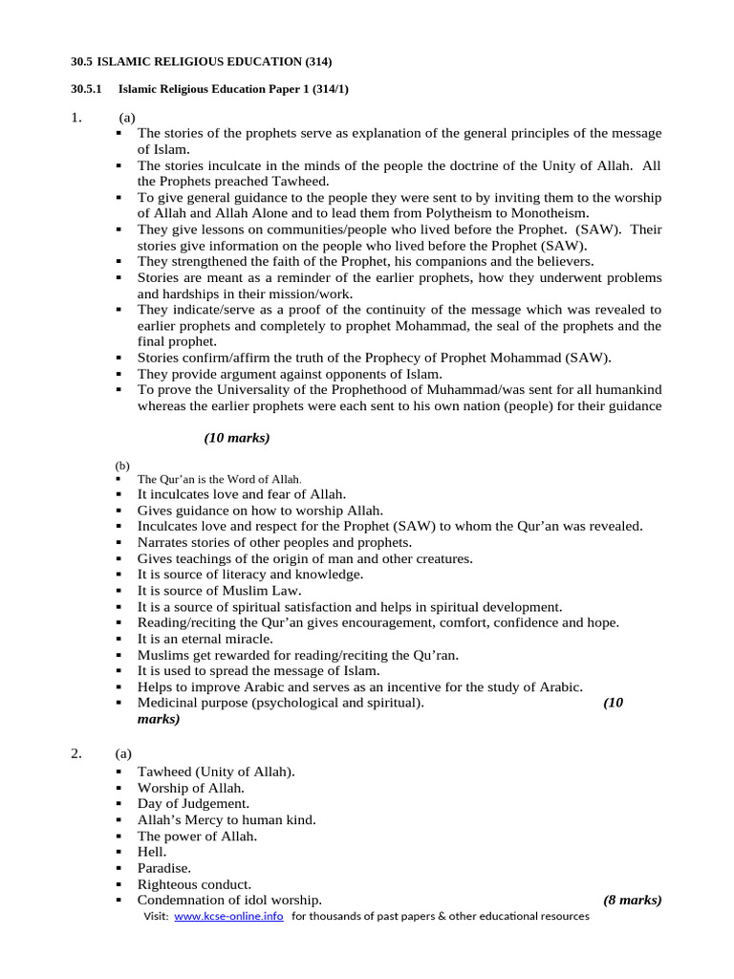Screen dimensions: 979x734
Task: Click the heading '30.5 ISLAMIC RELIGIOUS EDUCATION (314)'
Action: coord(202,62)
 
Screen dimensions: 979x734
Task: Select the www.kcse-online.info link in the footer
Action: coord(228,916)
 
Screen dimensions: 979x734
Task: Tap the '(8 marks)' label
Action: coord(633,900)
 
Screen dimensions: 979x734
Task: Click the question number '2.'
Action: coord(77,753)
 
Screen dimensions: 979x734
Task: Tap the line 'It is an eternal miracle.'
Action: coord(205,638)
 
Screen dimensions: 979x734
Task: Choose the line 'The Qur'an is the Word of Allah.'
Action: coord(219,479)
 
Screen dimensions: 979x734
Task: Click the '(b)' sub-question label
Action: coord(122,465)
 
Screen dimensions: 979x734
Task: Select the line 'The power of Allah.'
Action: coord(197,835)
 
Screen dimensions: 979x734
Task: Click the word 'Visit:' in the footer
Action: coord(156,916)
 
